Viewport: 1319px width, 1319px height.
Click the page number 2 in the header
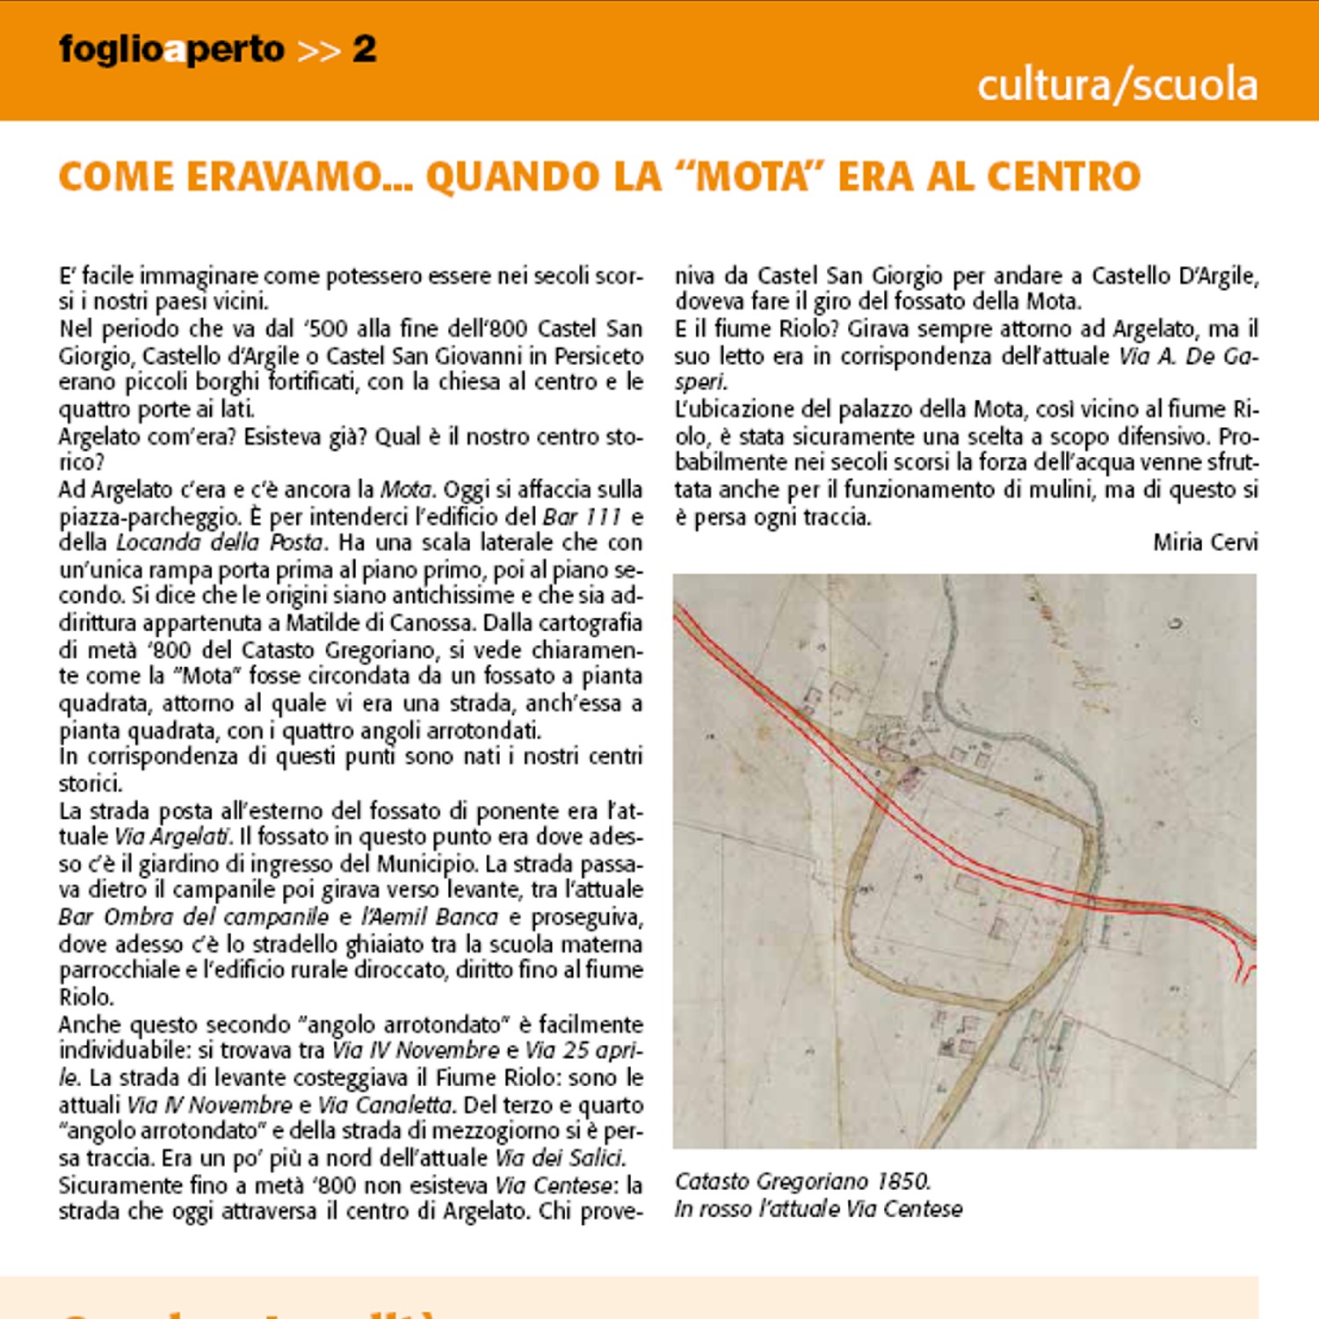pyautogui.click(x=364, y=49)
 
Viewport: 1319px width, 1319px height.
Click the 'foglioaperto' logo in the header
pyautogui.click(x=172, y=49)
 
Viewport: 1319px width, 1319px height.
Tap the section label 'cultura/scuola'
pyautogui.click(x=1117, y=85)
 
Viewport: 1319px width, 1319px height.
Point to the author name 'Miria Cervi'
pyautogui.click(x=1205, y=542)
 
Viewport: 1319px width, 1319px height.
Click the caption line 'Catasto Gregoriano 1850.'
pyautogui.click(x=802, y=1181)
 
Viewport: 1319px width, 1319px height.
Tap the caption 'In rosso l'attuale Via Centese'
pyautogui.click(x=818, y=1209)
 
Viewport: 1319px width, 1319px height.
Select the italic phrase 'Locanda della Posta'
pyautogui.click(x=220, y=542)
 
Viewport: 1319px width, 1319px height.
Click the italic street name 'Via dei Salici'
pyautogui.click(x=559, y=1157)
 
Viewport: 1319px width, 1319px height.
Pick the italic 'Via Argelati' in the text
pyautogui.click(x=172, y=837)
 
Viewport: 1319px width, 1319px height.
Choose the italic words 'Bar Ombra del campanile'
pyautogui.click(x=193, y=917)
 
